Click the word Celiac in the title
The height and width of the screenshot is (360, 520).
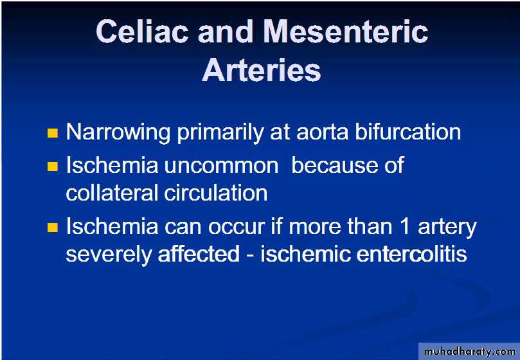pos(143,32)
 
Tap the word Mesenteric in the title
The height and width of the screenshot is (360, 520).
pos(346,32)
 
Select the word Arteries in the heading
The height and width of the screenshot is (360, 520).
pos(262,70)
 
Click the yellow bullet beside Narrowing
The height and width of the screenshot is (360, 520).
pos(53,133)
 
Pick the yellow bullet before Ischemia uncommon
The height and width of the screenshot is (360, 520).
pos(53,166)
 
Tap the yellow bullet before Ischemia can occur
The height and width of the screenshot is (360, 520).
pos(53,228)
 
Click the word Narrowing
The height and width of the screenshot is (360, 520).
pos(118,132)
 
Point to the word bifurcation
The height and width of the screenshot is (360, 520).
pos(408,131)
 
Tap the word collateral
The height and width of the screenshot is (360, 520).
pos(112,192)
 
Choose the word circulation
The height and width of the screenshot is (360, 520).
pos(216,192)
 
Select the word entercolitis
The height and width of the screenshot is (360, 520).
pos(411,254)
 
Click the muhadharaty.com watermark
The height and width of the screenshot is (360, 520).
pos(470,352)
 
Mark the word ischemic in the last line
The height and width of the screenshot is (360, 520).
pos(305,254)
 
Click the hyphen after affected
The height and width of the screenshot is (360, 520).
pos(250,256)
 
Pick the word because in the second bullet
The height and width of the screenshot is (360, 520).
pos(334,165)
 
